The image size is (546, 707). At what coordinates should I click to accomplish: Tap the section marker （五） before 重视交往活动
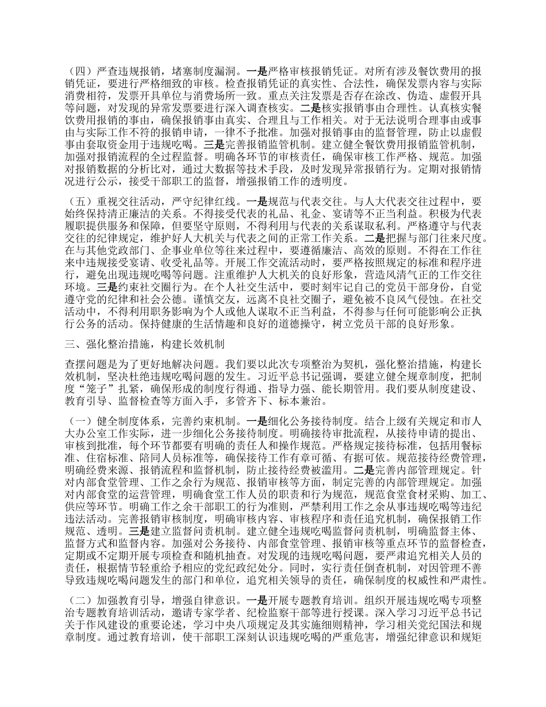click(x=77, y=203)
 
